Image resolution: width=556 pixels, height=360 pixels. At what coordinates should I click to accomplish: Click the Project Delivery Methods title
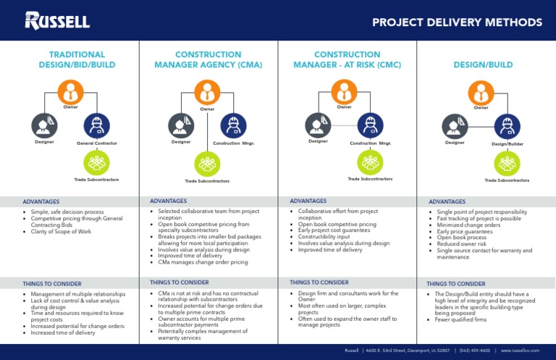[457, 22]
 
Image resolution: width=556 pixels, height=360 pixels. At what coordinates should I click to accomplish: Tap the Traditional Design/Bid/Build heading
[77, 59]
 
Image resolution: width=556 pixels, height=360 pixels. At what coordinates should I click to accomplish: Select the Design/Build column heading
[481, 64]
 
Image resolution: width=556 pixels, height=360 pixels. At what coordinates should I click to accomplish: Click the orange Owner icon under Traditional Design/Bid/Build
[70, 92]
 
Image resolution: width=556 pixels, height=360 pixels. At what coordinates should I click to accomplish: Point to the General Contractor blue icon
[96, 125]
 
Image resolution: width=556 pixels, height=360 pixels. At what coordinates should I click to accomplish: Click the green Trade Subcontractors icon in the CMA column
[208, 163]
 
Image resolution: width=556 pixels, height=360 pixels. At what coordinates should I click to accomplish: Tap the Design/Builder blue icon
[507, 125]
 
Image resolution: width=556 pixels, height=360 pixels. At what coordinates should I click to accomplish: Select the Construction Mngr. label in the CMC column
[370, 143]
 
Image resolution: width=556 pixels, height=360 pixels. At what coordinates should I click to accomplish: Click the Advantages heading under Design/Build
[447, 201]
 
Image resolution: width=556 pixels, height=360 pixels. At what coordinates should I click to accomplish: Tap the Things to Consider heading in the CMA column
[179, 282]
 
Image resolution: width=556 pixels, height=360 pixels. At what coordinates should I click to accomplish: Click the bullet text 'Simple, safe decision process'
[67, 212]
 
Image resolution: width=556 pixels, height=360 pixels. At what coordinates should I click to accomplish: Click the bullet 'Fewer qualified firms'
[462, 319]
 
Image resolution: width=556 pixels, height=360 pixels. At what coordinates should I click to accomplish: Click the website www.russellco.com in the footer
[521, 351]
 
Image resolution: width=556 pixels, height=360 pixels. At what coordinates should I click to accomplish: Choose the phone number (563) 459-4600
[475, 351]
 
